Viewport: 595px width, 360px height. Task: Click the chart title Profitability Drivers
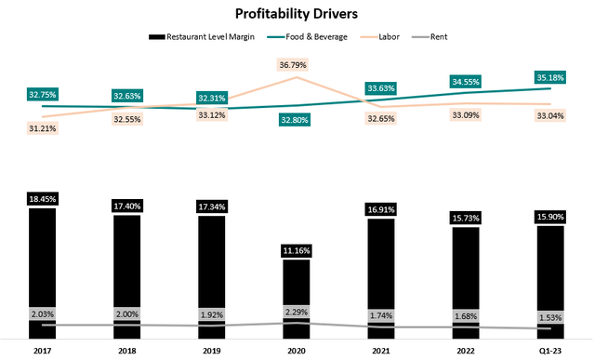[x=298, y=14]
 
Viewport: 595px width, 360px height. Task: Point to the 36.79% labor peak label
[x=297, y=64]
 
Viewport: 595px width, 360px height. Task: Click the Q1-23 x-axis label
[x=551, y=351]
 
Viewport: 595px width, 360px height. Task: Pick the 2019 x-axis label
[x=212, y=351]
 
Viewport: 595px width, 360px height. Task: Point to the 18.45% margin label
[x=42, y=198]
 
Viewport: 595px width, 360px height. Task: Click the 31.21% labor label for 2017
[x=42, y=127]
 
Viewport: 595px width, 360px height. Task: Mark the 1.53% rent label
[x=551, y=317]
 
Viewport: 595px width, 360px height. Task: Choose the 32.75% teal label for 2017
[x=42, y=94]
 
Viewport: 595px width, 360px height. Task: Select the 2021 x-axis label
[x=381, y=351]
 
